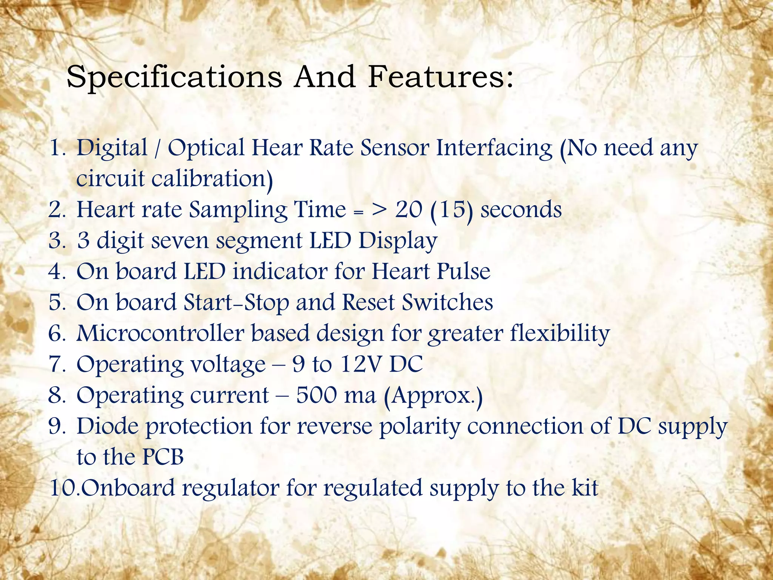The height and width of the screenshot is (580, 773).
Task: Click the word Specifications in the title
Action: pos(174,77)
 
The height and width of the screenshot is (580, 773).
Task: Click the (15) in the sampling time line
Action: pos(451,210)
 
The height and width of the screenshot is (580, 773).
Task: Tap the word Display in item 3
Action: pos(398,241)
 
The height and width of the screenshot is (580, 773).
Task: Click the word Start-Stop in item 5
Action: pos(236,303)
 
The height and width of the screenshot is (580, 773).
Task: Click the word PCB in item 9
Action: pos(163,457)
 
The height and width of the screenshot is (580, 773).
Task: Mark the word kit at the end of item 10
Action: pos(585,488)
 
